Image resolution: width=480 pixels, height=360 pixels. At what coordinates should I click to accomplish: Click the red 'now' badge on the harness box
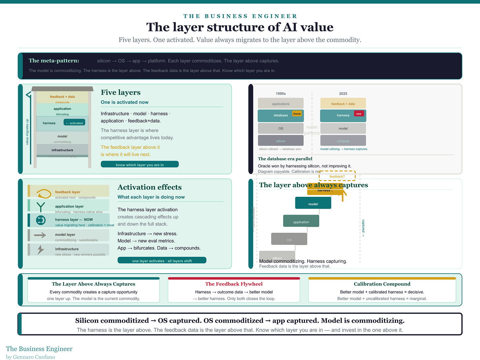pyautogui.click(x=359, y=114)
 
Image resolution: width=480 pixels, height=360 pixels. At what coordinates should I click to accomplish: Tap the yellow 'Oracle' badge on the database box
pyautogui.click(x=297, y=114)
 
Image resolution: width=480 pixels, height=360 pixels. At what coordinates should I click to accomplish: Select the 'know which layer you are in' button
pyautogui.click(x=140, y=165)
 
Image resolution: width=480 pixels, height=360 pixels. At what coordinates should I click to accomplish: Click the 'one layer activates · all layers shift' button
pyautogui.click(x=162, y=260)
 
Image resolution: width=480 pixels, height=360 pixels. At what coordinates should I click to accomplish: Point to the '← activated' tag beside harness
pyautogui.click(x=75, y=123)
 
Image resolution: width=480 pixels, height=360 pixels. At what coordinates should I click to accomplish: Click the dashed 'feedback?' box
pyautogui.click(x=337, y=176)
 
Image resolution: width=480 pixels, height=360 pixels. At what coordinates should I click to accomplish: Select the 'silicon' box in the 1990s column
pyautogui.click(x=281, y=141)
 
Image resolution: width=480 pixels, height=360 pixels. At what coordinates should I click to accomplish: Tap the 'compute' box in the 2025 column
pyautogui.click(x=343, y=141)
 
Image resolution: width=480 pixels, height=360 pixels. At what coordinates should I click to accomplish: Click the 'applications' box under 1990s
pyautogui.click(x=281, y=104)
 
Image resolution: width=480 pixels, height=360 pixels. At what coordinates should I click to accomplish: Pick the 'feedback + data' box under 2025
pyautogui.click(x=343, y=104)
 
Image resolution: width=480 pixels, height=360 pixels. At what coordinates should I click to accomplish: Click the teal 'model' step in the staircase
pyautogui.click(x=313, y=203)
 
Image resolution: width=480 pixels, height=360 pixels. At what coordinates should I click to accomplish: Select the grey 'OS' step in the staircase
pyautogui.click(x=289, y=239)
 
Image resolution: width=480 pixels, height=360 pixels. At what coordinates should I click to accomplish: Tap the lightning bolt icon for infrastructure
pyautogui.click(x=41, y=250)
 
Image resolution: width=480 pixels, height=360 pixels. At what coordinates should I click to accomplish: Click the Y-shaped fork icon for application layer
pyautogui.click(x=41, y=207)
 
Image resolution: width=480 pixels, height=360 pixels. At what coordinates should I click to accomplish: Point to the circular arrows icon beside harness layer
pyautogui.click(x=41, y=220)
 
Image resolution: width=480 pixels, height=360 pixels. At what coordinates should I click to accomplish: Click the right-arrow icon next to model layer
pyautogui.click(x=40, y=235)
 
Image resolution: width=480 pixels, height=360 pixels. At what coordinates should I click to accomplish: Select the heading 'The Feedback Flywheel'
pyautogui.click(x=234, y=284)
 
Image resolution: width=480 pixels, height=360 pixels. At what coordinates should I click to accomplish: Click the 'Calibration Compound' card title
pyautogui.click(x=382, y=284)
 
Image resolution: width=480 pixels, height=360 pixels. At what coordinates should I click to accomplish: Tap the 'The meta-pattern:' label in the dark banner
pyautogui.click(x=54, y=61)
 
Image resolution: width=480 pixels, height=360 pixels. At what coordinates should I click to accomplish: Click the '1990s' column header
pyautogui.click(x=281, y=94)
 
